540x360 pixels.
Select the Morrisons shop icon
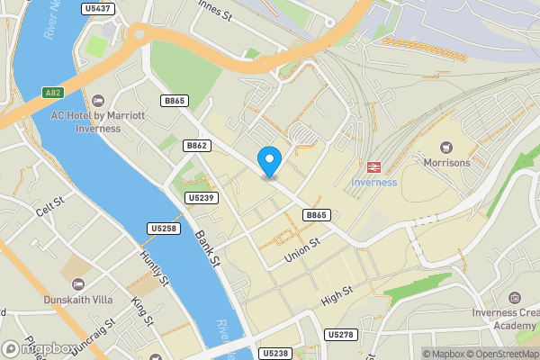coord(445,147)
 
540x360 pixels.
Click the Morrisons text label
coord(445,163)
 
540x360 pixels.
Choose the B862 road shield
coord(196,145)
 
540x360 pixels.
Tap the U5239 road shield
coord(202,197)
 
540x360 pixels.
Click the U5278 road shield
coord(341,335)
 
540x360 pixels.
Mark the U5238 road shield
coord(275,354)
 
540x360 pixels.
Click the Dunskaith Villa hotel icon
coord(76,284)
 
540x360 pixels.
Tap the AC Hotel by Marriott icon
coord(98,99)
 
